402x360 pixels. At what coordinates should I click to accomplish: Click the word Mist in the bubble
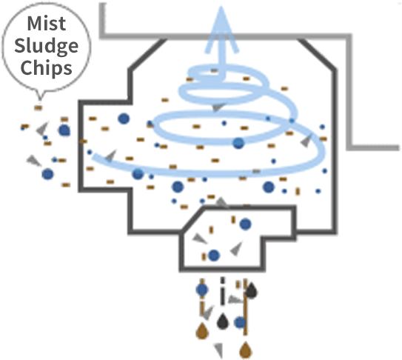tap(47, 24)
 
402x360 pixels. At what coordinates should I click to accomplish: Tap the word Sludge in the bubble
tap(46, 46)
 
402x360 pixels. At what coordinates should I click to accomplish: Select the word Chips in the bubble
tap(46, 67)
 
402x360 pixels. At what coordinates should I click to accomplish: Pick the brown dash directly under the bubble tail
tap(38, 107)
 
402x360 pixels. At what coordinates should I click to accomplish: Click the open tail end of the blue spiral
tap(94, 156)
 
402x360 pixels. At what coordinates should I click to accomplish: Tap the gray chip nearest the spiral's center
tap(218, 107)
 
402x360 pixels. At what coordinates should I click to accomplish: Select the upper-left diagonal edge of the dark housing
tap(147, 54)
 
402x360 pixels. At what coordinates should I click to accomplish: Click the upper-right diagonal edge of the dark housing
tap(317, 54)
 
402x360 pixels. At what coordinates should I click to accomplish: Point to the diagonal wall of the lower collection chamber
tap(192, 219)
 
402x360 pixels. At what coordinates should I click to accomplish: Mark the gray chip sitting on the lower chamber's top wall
tap(222, 203)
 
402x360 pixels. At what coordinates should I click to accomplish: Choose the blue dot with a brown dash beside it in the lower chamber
tap(214, 256)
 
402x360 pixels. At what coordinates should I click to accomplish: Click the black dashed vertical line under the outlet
tap(222, 291)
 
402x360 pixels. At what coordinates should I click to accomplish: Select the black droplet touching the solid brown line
tap(251, 290)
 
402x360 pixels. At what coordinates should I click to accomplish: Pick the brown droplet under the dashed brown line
tap(202, 331)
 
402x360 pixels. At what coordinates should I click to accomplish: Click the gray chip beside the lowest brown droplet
tap(218, 350)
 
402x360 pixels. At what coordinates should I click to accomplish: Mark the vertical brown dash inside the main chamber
tap(298, 191)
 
